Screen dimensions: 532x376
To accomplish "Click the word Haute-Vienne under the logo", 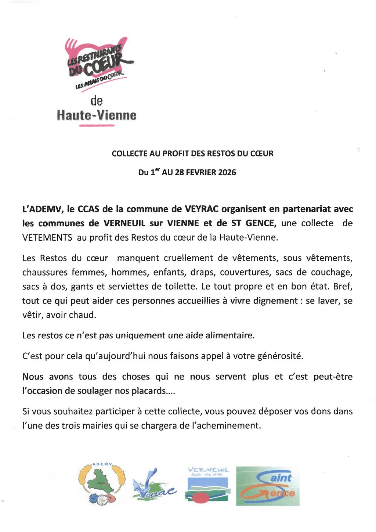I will [x=97, y=115].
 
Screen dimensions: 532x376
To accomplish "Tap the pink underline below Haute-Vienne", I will [x=97, y=126].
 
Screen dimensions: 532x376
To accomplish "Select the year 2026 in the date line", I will [x=227, y=172].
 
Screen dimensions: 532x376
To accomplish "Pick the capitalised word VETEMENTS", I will [x=47, y=237].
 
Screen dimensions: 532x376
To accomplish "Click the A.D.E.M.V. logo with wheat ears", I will [x=102, y=484].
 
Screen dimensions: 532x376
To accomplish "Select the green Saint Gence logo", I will [x=268, y=486].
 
